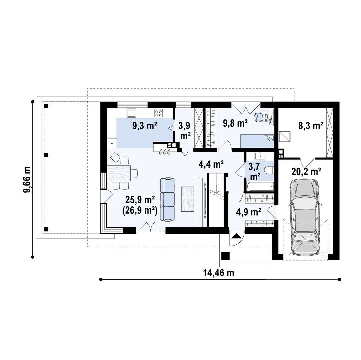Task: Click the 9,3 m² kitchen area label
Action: tap(145, 126)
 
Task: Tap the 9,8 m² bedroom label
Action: tap(235, 123)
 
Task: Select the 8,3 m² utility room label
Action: tap(311, 126)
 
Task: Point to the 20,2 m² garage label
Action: tap(306, 171)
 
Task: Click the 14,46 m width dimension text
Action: tap(218, 273)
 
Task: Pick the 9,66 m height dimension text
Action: tap(27, 180)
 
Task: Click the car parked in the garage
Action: tap(305, 216)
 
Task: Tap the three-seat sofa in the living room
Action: tap(167, 199)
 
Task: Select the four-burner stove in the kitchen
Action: tap(158, 113)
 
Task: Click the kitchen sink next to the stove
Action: tap(131, 113)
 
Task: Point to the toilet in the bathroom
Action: tap(269, 171)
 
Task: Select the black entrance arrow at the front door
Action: tap(236, 236)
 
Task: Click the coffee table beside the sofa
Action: tap(187, 199)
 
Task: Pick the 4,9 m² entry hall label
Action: tap(249, 212)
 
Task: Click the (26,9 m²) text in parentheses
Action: tap(140, 210)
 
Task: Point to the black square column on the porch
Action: tap(225, 256)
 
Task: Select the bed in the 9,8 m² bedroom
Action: tap(257, 141)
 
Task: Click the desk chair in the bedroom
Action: tap(259, 117)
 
